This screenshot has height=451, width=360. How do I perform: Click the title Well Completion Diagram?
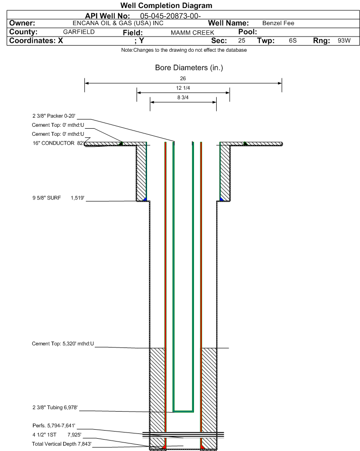166,6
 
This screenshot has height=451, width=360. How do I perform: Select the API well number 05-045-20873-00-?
170,16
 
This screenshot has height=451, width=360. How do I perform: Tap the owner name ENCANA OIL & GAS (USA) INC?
118,23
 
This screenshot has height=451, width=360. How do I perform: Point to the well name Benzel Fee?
278,23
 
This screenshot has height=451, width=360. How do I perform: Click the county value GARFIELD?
79,32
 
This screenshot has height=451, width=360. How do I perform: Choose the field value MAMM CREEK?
192,33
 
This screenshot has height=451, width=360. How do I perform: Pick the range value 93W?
344,40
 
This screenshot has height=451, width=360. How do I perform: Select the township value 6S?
293,40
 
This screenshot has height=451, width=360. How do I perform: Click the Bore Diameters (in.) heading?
189,67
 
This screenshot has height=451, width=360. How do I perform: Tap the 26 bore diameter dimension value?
183,78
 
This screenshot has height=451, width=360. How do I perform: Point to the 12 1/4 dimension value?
183,88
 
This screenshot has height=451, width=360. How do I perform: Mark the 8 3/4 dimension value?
183,97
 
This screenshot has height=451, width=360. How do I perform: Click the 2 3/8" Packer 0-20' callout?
54,116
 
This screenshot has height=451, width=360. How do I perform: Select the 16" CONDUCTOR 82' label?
58,143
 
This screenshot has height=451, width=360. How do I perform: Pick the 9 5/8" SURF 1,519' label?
58,198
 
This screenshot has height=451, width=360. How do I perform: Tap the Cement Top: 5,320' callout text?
63,344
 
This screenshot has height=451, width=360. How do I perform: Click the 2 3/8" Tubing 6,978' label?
55,408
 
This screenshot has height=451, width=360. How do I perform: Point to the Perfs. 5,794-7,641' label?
54,426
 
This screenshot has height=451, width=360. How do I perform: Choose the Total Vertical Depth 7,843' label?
62,444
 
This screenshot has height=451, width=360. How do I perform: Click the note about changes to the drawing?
184,50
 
